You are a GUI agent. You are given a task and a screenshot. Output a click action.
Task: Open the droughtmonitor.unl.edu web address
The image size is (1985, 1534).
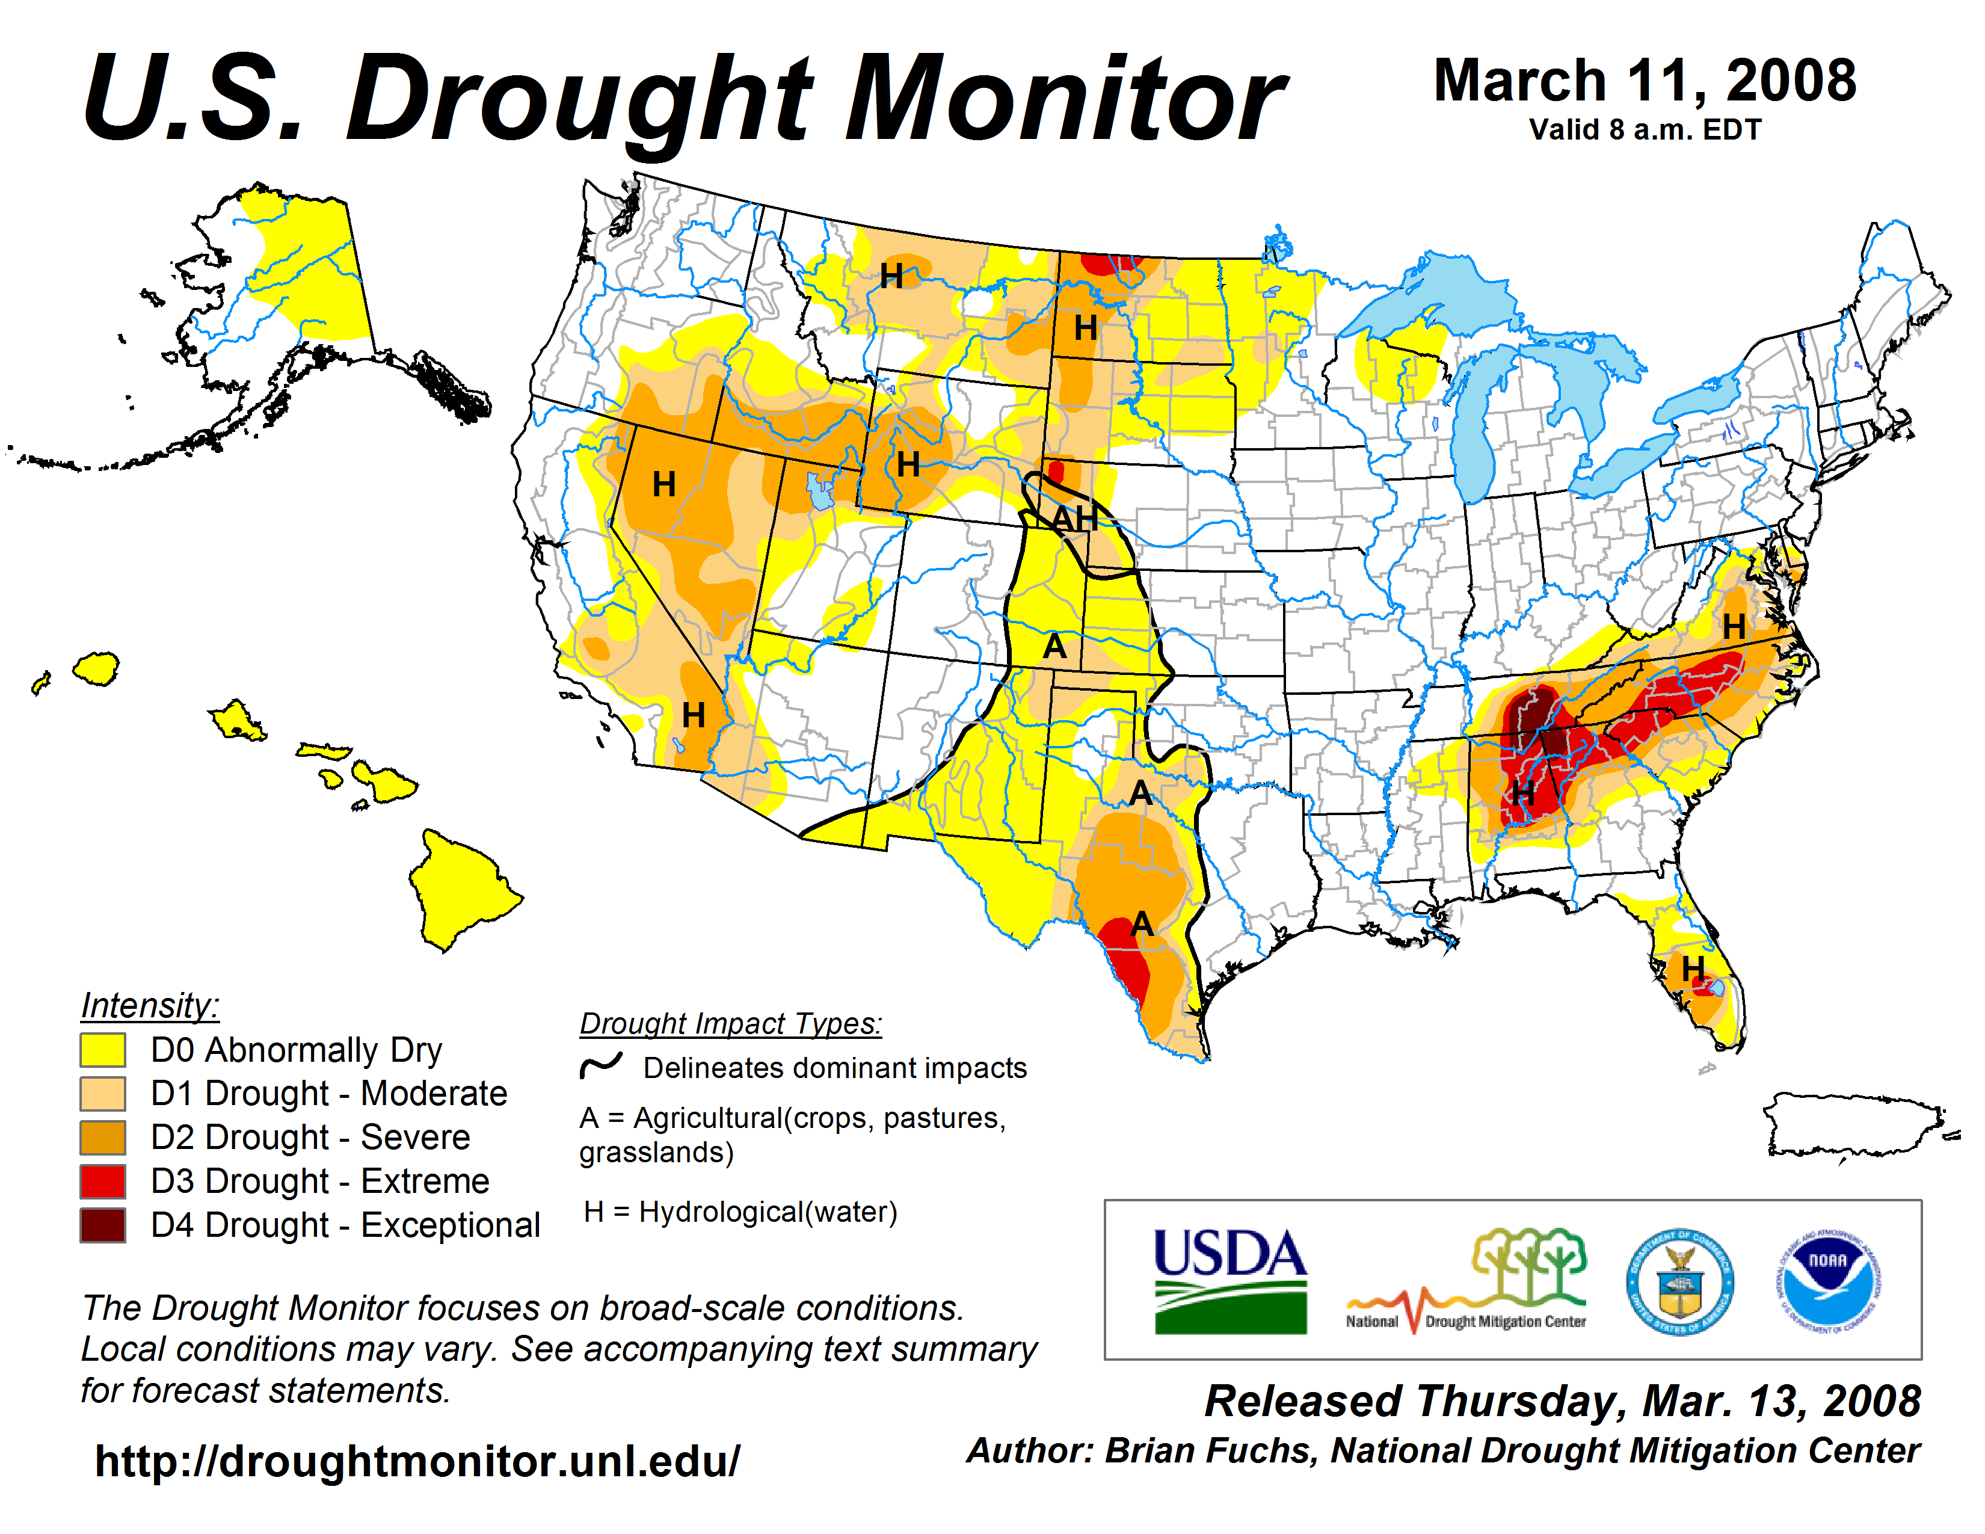(x=417, y=1461)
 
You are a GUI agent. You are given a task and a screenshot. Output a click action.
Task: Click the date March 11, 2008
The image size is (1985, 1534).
(x=1644, y=82)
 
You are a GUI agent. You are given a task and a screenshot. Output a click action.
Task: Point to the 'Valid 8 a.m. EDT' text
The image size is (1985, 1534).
(x=1644, y=130)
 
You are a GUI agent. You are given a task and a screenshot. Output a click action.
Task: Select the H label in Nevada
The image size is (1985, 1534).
(x=665, y=484)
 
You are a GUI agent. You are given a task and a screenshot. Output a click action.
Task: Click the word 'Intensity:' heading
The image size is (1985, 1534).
(x=150, y=1006)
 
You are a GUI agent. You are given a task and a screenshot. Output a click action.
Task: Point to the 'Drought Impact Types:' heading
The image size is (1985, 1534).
(x=731, y=1024)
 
